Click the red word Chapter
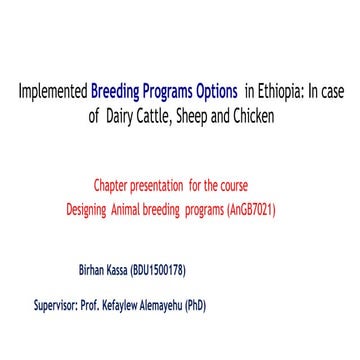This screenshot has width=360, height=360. (x=111, y=186)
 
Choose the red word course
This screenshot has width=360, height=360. (x=233, y=186)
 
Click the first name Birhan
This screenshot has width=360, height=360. (x=93, y=271)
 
